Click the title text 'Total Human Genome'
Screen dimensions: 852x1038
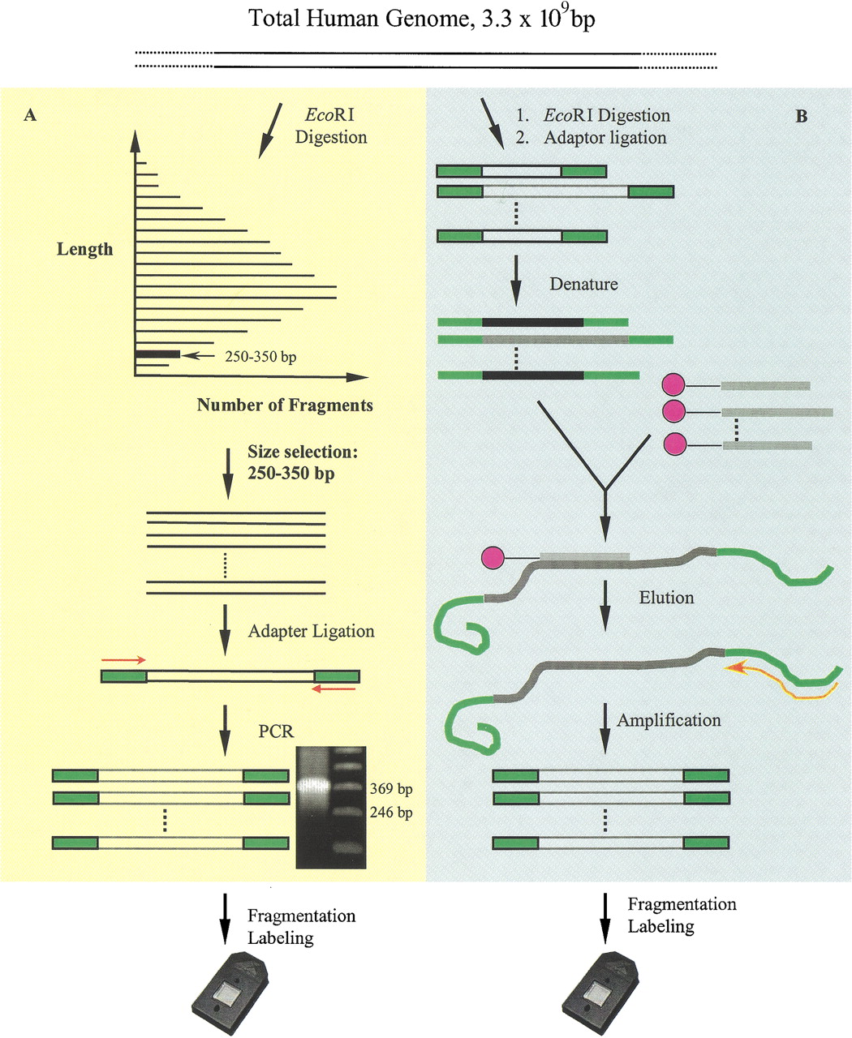[x=357, y=19]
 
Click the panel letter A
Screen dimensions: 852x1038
[x=30, y=115]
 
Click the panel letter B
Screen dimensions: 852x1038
[x=801, y=116]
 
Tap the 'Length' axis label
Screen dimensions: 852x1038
[x=84, y=249]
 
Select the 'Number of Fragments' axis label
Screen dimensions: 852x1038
[x=285, y=405]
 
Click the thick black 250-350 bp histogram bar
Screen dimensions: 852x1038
[x=158, y=354]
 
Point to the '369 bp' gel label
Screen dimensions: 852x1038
[x=391, y=788]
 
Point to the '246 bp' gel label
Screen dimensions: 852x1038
[x=391, y=812]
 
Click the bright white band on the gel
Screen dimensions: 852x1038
[x=314, y=784]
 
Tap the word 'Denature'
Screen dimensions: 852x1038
[x=583, y=284]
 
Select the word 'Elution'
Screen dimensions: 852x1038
[x=666, y=598]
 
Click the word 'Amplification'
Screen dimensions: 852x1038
[x=669, y=720]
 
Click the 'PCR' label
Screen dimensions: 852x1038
[x=276, y=731]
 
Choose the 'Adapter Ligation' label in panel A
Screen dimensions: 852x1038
[x=312, y=632]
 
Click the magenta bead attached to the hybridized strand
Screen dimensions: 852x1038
[x=493, y=558]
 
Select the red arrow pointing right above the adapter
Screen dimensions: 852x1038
[x=123, y=660]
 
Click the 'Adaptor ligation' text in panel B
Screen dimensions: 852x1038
[x=605, y=138]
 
